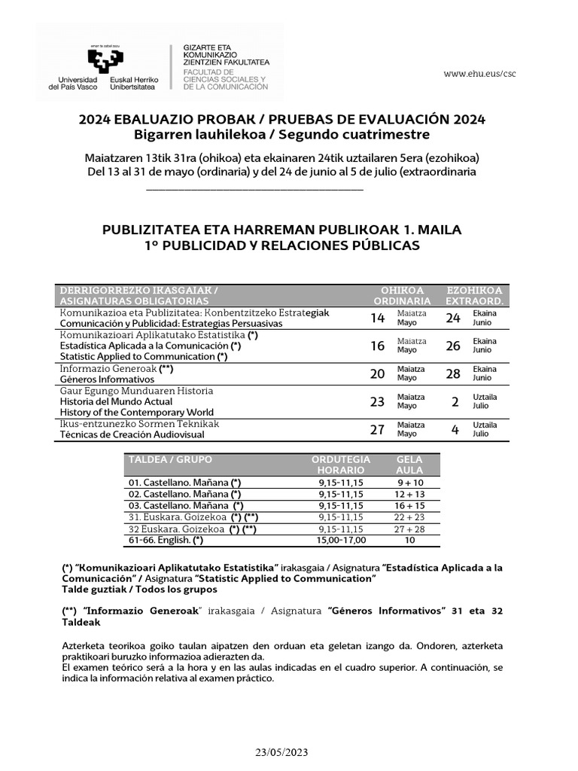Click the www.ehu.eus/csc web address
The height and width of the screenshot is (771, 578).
coord(479,74)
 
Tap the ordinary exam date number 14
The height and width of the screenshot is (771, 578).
coord(378,318)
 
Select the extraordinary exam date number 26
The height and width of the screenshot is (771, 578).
coord(453,346)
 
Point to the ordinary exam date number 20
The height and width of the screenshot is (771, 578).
coord(378,374)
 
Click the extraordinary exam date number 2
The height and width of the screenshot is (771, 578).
coord(455,402)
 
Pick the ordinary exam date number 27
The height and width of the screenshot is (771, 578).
coord(378,430)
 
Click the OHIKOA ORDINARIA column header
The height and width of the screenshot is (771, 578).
coord(402,296)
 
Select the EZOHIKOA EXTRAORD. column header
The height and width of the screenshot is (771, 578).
coord(474,296)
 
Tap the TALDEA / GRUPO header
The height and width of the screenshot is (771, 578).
coord(170,459)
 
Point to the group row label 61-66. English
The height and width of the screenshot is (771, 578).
coord(166,540)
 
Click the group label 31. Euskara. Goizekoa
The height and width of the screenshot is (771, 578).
coord(177,517)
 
